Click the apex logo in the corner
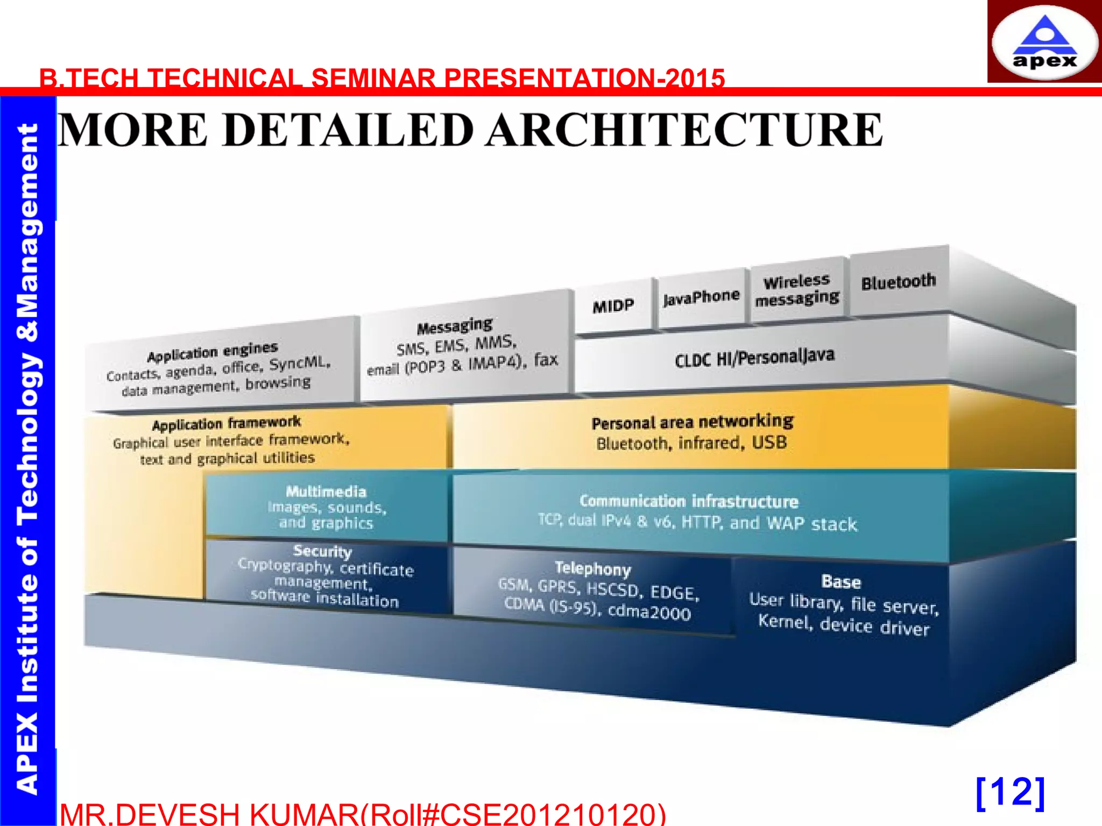coord(1044,42)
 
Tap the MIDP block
coord(613,306)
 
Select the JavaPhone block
coord(701,297)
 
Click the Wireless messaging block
coord(797,290)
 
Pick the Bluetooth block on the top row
coord(898,281)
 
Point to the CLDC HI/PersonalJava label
coord(754,358)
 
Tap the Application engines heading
coord(213,352)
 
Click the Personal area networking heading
coord(693,422)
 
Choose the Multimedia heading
coord(326,492)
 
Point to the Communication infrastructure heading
coord(689,501)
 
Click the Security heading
coord(322,551)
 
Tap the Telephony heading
coord(592,568)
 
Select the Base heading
coord(841,582)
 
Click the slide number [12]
coord(1010,792)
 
